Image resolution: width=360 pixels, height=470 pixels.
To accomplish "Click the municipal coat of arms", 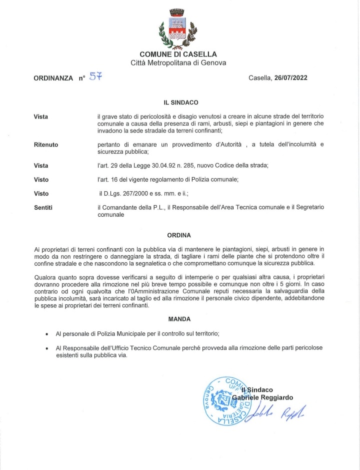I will [x=178, y=29].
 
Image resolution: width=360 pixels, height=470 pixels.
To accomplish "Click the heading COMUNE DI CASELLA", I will [x=178, y=54].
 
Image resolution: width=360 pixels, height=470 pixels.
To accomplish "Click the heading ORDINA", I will [x=178, y=234].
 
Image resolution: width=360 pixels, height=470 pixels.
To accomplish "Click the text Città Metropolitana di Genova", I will [x=178, y=63].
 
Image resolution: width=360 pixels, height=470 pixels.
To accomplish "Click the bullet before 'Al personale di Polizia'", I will [x=46, y=334].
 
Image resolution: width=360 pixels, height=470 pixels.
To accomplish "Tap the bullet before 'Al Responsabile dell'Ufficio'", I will [x=46, y=349].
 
